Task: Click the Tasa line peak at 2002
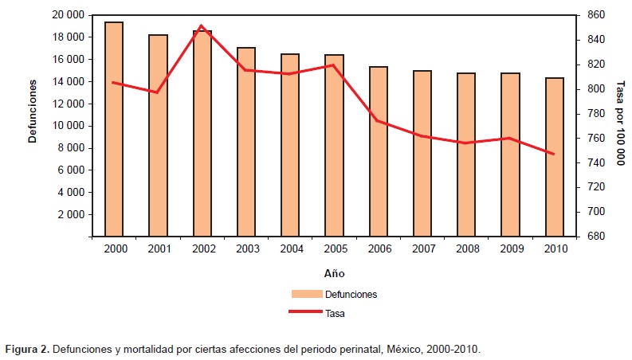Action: tap(202, 26)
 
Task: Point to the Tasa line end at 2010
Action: tap(554, 154)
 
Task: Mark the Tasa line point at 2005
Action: tap(334, 65)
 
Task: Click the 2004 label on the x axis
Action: tap(290, 249)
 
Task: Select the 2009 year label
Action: tap(510, 249)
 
